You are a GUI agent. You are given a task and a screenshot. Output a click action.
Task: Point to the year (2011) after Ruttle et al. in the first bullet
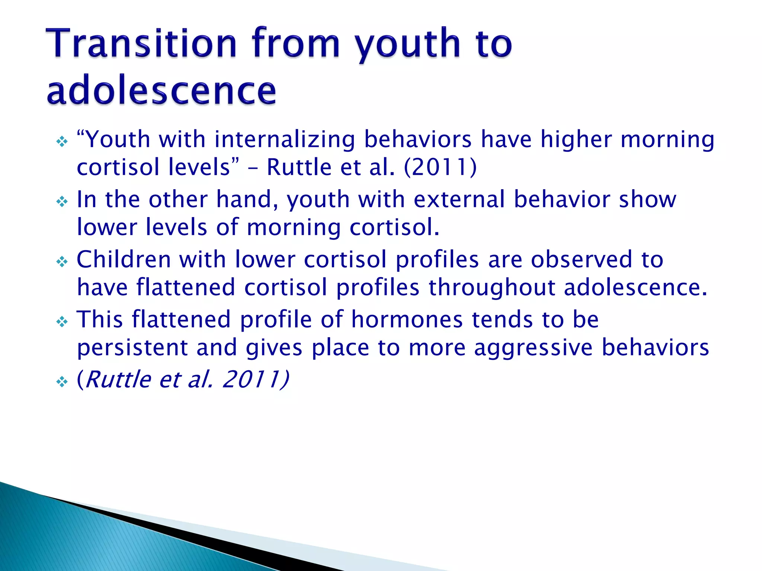440,167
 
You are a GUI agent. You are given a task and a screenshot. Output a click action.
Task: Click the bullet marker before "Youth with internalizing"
62,142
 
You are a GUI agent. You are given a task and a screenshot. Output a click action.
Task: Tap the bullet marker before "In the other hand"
62,202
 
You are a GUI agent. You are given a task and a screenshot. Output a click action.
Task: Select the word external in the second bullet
459,199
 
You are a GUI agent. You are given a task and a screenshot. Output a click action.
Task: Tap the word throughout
492,288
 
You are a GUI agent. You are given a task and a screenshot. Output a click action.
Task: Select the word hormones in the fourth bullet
407,319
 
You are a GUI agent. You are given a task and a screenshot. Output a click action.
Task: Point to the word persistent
132,348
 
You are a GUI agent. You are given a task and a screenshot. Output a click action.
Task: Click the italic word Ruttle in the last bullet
118,380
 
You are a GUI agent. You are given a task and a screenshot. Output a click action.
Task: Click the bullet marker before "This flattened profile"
62,322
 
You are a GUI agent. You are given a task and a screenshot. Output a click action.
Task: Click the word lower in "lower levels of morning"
107,227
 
